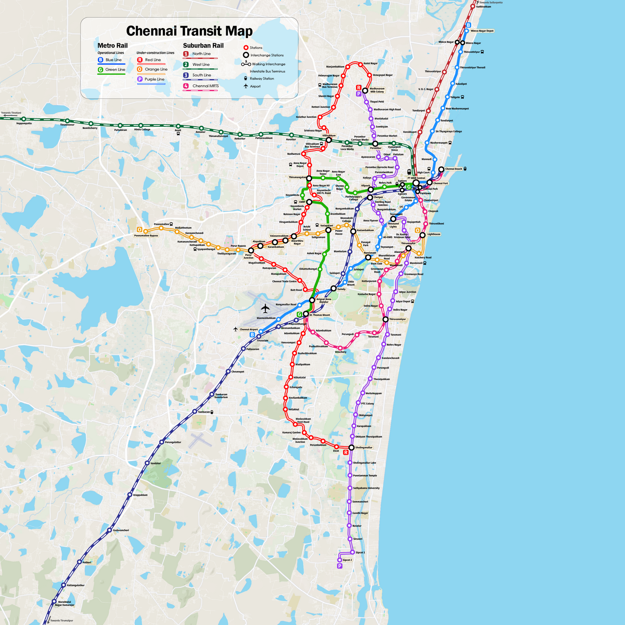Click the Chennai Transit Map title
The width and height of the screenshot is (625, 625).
coord(189,31)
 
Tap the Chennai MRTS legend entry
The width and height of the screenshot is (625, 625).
coord(205,86)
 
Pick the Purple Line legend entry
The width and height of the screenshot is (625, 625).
coord(154,80)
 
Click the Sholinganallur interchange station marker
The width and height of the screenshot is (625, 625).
coord(352,448)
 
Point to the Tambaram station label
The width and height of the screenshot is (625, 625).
coord(203,412)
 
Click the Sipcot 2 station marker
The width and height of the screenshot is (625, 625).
coord(340,560)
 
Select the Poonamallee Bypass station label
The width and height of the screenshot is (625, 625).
coord(146,236)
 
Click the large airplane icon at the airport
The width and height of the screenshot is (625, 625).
coord(265,308)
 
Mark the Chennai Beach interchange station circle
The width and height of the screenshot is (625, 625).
coord(441,170)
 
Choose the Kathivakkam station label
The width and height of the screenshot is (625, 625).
coord(484,7)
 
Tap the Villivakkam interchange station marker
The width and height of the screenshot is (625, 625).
coord(329,140)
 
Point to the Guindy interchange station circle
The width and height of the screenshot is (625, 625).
coord(333,288)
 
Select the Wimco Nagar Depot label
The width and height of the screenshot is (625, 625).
coord(482,31)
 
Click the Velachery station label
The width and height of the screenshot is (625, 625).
coord(340,352)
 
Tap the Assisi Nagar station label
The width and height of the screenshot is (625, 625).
coord(371,64)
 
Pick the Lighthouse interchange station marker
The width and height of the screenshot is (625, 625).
coord(423,235)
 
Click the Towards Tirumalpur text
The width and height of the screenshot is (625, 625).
coord(61,621)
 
